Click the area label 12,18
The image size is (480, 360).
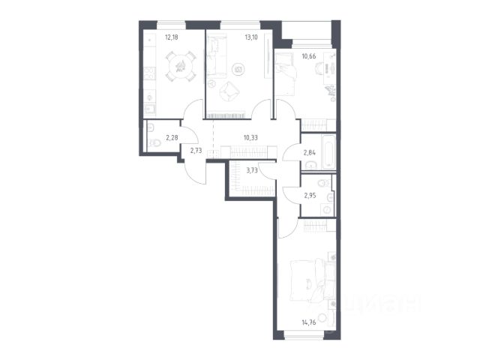point(172,37)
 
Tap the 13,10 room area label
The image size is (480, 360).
point(251,37)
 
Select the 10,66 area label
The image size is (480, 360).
point(309,56)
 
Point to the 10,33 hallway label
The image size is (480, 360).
point(250,138)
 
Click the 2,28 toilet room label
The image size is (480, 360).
point(172,138)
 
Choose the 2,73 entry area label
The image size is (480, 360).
point(196,150)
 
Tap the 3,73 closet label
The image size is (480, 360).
point(252,171)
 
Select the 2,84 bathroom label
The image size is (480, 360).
point(310,152)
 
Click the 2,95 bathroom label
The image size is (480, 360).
point(310,196)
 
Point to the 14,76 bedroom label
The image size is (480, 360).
point(308,322)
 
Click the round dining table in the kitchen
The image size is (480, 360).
point(180,67)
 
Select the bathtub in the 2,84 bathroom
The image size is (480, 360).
point(328,151)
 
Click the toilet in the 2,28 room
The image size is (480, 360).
point(155,142)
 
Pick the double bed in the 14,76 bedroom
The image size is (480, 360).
point(307,281)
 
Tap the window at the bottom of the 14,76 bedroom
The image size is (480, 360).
point(304,335)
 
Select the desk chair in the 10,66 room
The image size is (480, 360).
point(319,68)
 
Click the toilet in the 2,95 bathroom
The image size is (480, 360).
point(323,183)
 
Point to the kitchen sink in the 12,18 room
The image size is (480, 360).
point(150,109)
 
